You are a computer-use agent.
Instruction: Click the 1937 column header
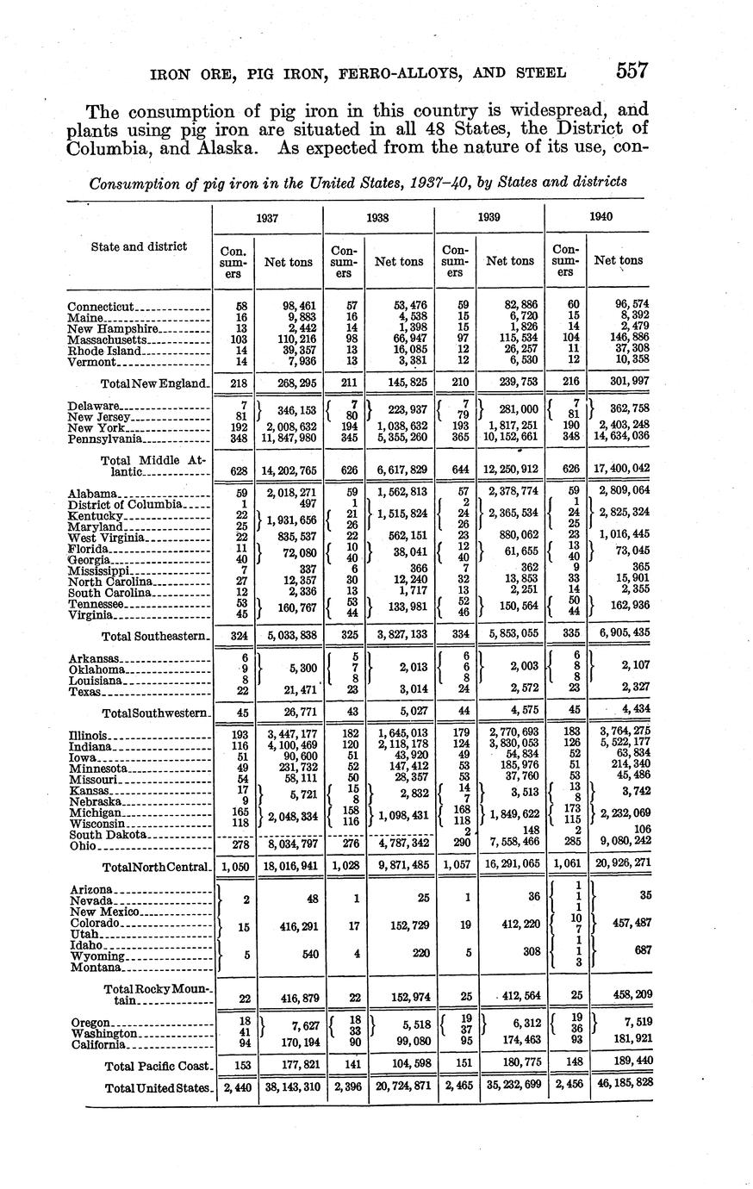tap(267, 218)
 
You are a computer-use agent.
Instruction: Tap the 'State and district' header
tap(139, 246)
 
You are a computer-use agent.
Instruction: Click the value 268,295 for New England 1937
tap(289, 382)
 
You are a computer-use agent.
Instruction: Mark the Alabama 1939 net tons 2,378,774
tap(511, 492)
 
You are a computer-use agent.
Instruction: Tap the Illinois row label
tap(88, 735)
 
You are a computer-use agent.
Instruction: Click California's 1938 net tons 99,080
tap(401, 1044)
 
